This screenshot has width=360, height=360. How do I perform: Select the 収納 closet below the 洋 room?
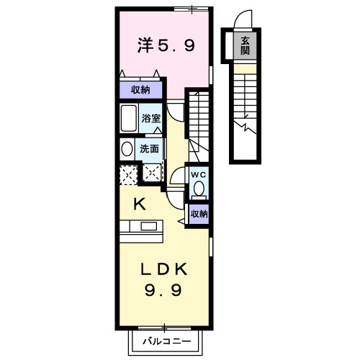pyautogui.click(x=140, y=90)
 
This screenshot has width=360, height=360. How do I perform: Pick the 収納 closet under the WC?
pyautogui.click(x=199, y=213)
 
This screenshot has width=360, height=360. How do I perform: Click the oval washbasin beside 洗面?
pyautogui.click(x=127, y=149)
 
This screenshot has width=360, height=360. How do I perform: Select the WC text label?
pyautogui.click(x=199, y=174)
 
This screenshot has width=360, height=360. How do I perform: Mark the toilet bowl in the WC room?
pyautogui.click(x=199, y=190)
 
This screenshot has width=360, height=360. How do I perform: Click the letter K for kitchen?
pyautogui.click(x=139, y=204)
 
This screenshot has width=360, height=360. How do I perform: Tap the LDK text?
pyautogui.click(x=164, y=270)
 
